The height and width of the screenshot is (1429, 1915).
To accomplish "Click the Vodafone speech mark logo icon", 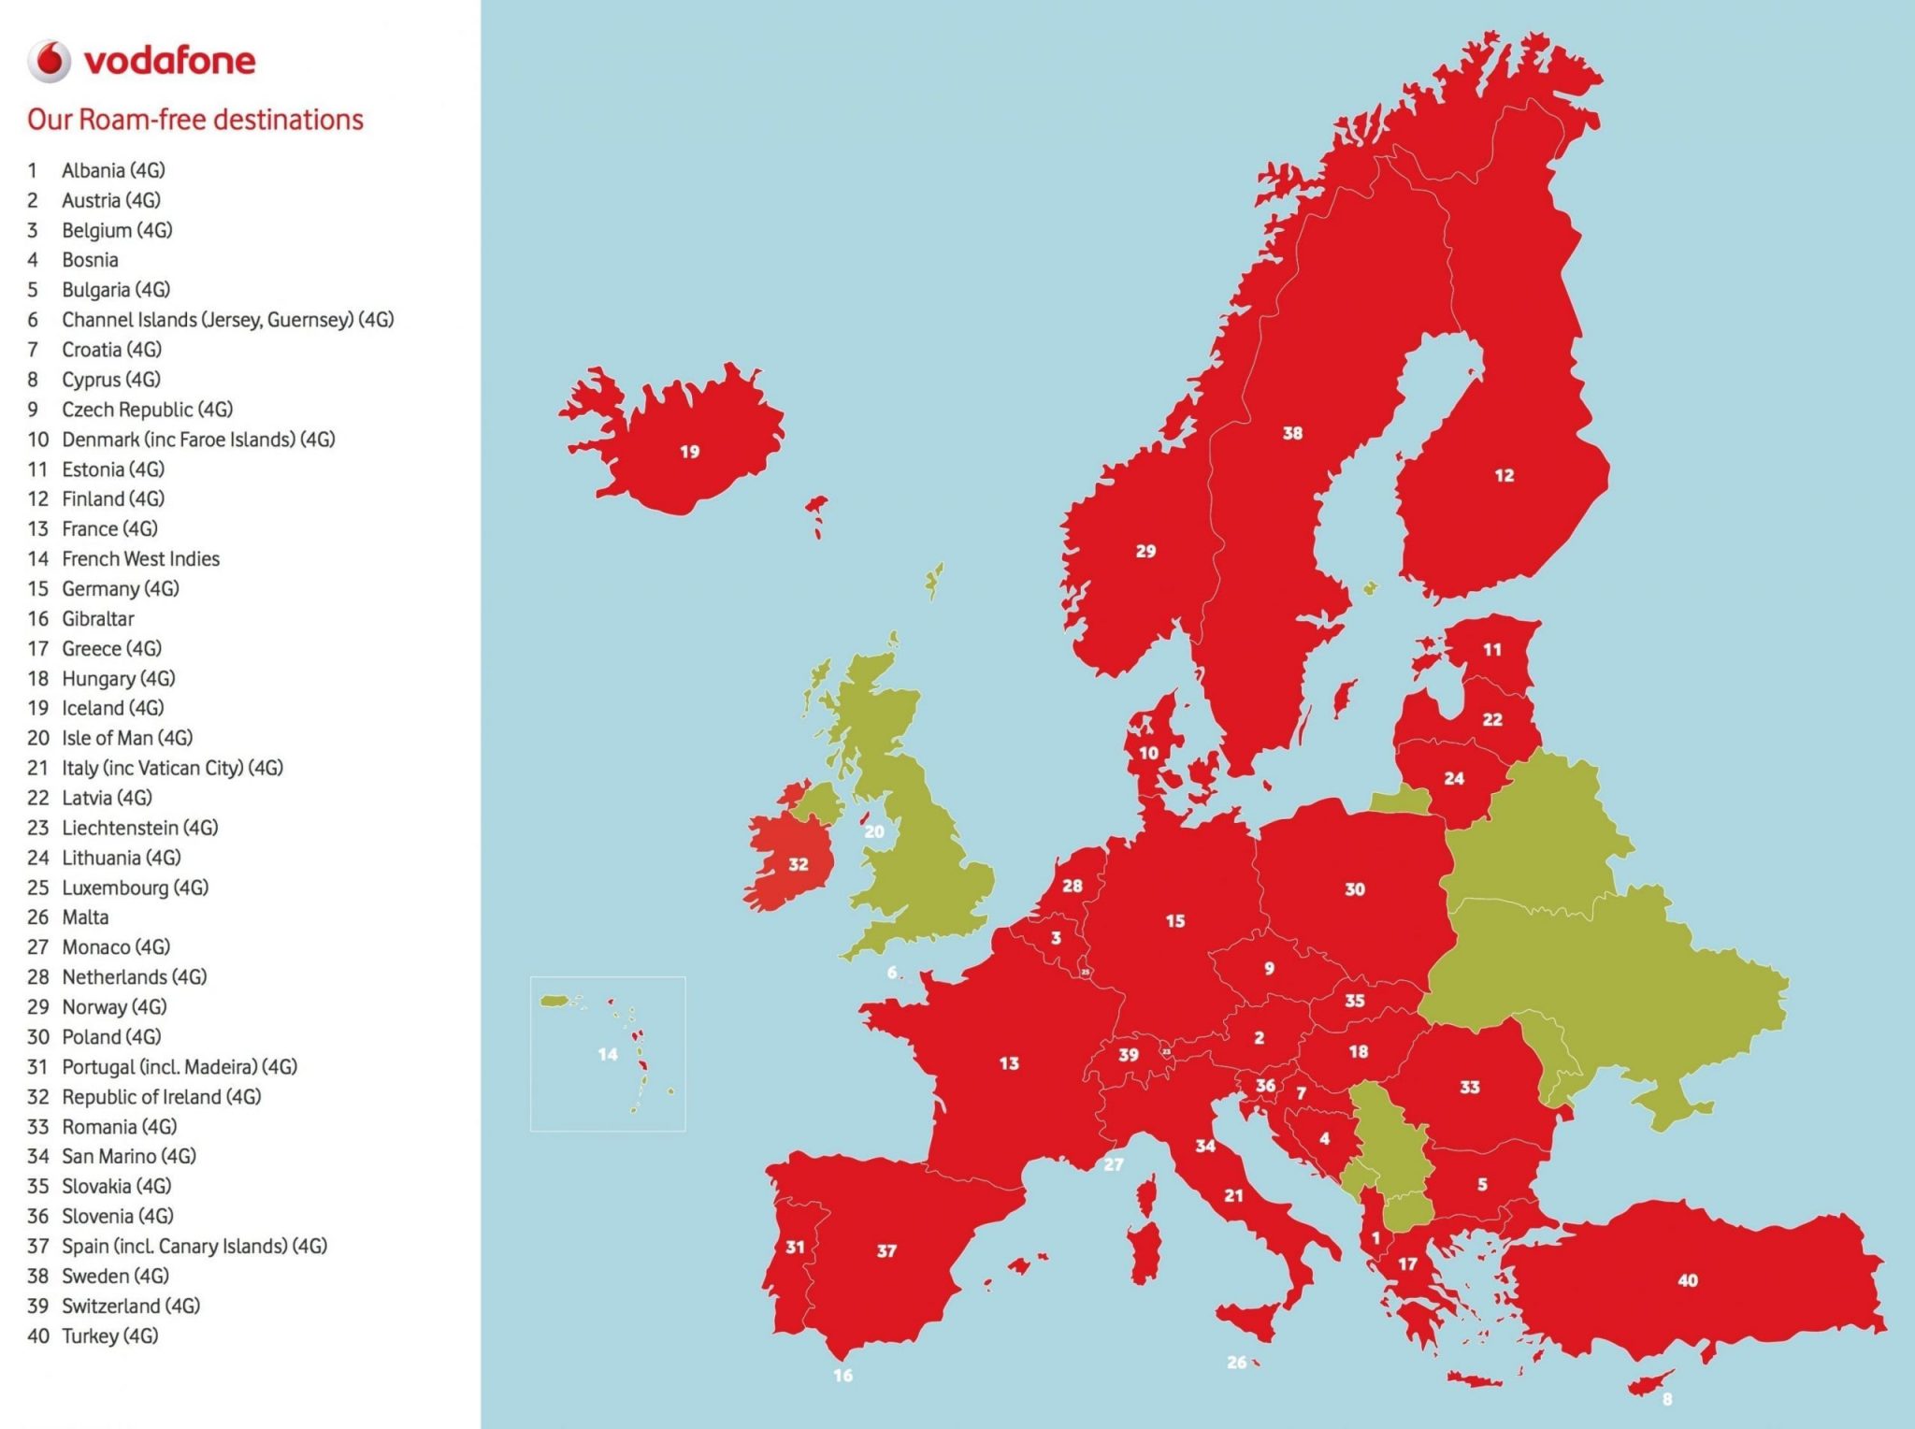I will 49,62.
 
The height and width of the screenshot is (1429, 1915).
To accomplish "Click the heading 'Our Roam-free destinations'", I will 194,120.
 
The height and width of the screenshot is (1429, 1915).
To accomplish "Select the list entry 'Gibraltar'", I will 97,619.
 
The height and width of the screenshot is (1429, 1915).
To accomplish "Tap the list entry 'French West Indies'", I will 140,559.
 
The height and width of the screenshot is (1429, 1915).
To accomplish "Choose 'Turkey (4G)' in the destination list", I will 109,1336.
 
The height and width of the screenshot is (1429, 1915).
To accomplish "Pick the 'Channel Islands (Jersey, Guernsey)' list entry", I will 227,320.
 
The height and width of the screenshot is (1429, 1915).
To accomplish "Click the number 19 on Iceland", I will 689,453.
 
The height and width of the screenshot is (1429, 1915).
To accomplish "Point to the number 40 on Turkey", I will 1688,1280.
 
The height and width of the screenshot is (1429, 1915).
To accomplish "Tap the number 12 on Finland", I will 1504,476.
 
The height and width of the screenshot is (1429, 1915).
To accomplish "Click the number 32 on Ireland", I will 798,865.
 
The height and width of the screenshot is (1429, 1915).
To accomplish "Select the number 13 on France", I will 1009,1063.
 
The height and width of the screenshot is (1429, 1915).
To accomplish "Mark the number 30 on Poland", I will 1355,889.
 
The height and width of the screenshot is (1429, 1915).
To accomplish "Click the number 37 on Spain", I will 886,1251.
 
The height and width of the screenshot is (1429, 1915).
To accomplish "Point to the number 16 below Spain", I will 842,1376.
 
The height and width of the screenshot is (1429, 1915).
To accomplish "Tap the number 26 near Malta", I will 1236,1363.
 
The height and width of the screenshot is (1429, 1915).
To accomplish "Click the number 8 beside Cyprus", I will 1667,1400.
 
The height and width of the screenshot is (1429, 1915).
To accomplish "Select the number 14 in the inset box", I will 608,1055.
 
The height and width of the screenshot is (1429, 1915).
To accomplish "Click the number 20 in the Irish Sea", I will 874,831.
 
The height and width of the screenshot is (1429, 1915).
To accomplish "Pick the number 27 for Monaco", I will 1113,1165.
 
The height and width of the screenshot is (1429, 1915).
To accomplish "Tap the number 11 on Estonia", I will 1492,649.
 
